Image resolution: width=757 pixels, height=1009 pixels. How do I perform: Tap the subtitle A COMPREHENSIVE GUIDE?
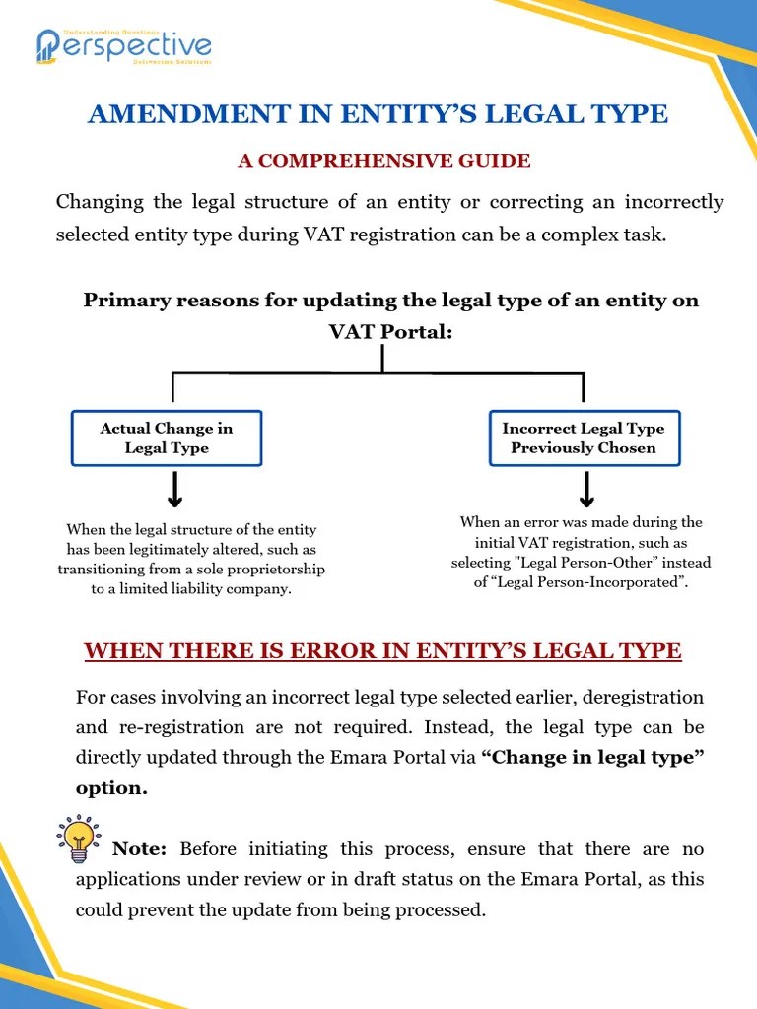383,161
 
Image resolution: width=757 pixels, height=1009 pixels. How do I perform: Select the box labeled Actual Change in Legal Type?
167,438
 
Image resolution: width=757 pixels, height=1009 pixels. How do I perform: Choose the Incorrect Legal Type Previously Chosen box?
584,438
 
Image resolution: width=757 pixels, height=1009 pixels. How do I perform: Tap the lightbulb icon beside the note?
78,839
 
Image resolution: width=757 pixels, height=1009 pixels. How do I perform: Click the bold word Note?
139,849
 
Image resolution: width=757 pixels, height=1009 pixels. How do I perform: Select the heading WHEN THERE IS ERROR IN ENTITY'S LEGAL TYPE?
382,651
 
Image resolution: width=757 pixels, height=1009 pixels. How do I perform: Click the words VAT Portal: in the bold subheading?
390,332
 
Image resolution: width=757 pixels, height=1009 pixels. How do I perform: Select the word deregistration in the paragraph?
644,698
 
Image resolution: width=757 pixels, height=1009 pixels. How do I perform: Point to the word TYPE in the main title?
632,114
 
